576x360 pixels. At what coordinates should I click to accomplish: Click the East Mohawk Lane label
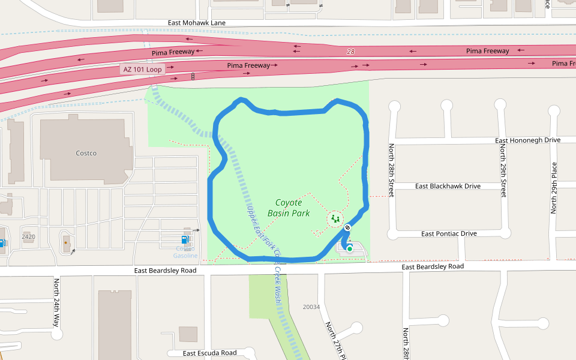click(197, 23)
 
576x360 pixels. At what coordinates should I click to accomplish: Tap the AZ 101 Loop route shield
click(142, 70)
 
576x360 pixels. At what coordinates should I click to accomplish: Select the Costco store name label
click(86, 153)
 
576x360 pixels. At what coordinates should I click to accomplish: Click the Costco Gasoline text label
click(185, 252)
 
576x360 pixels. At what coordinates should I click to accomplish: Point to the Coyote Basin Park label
click(289, 208)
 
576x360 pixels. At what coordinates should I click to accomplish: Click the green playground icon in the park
click(335, 219)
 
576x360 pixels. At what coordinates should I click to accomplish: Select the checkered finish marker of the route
click(347, 227)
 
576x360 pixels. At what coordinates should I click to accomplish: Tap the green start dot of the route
click(349, 248)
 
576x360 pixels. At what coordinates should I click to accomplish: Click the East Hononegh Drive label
click(527, 140)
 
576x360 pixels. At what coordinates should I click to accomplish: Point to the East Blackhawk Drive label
click(448, 186)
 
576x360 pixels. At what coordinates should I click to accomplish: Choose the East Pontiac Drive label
click(449, 233)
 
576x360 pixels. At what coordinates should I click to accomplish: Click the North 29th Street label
click(503, 170)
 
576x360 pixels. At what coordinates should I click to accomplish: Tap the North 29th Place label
click(554, 188)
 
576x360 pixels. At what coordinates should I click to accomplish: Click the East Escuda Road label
click(209, 353)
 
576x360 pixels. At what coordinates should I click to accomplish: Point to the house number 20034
click(311, 307)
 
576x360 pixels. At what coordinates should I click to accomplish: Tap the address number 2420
click(28, 236)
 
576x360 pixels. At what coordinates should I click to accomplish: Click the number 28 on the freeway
click(350, 52)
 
